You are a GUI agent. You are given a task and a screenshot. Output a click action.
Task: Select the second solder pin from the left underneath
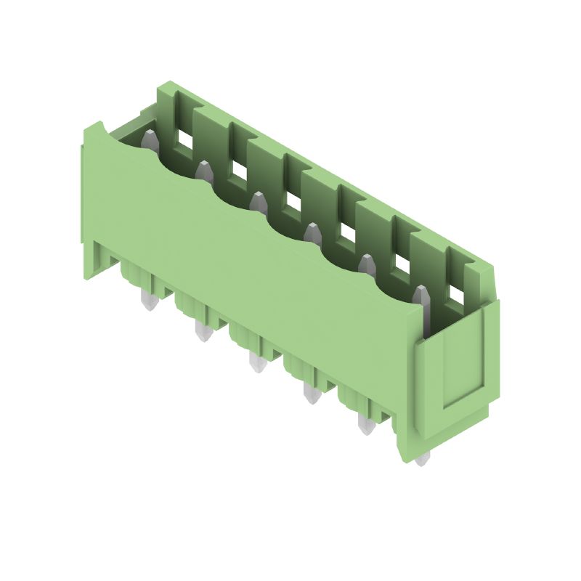pos(203,333)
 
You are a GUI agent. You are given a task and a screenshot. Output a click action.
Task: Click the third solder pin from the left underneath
pos(256,362)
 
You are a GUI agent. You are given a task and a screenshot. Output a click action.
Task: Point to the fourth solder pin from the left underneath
pos(312,394)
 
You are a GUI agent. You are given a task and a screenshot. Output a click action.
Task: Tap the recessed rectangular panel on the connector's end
pos(462,359)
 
